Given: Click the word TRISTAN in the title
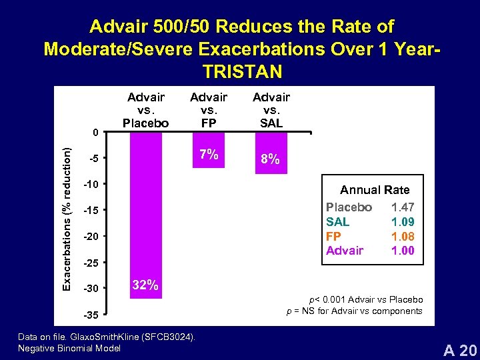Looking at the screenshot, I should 241,71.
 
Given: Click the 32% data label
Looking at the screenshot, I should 145,285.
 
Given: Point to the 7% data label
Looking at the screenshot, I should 208,155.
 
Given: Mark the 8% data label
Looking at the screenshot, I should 271,161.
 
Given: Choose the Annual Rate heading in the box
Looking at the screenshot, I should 375,190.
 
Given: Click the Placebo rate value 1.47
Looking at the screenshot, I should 403,207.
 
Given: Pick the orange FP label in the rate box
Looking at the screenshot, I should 333,236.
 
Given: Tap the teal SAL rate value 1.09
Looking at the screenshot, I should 403,222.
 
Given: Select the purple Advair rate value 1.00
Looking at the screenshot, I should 403,251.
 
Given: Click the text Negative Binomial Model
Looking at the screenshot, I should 69,348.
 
